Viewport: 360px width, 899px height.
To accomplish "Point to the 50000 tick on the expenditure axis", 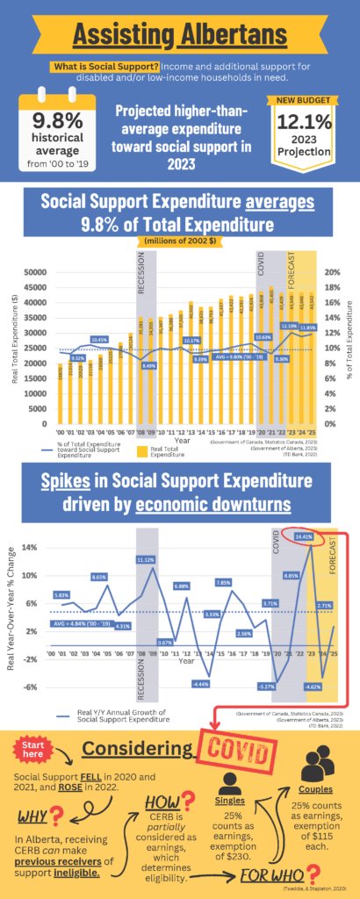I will tap(35, 273).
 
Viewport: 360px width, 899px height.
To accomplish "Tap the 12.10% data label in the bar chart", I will tap(289, 326).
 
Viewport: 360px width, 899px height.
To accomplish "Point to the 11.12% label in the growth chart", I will tap(146, 559).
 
